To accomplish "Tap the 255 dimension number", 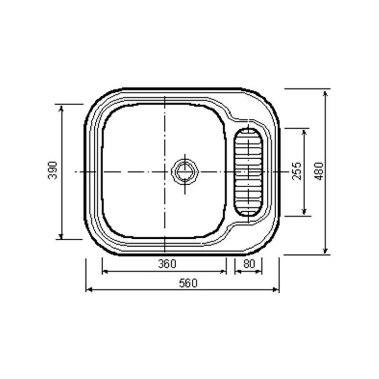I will (x=297, y=171).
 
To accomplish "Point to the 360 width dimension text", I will (x=167, y=264).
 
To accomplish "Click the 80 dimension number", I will (x=249, y=264).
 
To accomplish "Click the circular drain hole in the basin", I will (x=184, y=171).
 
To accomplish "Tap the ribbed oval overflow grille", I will (x=248, y=171).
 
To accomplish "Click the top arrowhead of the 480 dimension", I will (x=325, y=94).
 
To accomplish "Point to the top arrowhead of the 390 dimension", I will (x=61, y=108).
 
